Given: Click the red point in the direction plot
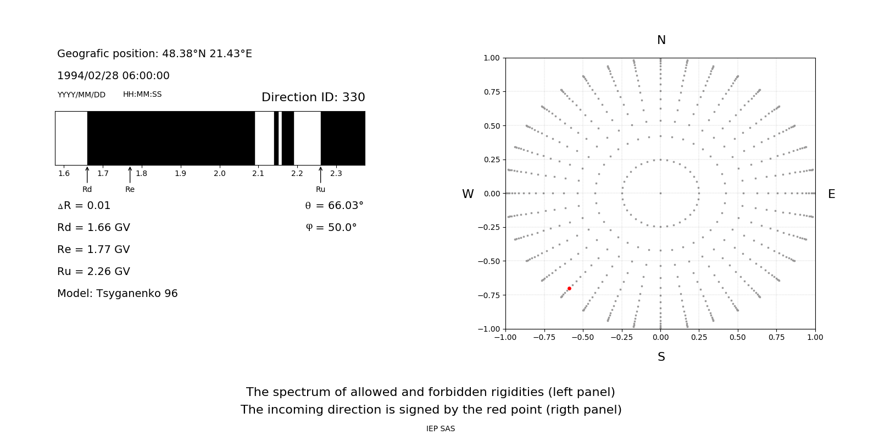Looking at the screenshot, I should click(x=569, y=288).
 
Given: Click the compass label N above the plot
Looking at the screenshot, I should click(x=661, y=40).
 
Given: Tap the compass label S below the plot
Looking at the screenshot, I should click(x=661, y=357).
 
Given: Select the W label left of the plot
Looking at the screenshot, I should click(x=468, y=194).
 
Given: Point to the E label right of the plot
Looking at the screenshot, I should click(x=831, y=194).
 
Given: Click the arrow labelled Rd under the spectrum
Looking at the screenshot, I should click(x=87, y=175).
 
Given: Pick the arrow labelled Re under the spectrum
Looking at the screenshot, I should click(x=130, y=175).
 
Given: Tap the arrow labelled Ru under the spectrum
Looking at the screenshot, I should click(x=320, y=175).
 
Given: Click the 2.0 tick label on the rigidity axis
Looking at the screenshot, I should click(x=219, y=174).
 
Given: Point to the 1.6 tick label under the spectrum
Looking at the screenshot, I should click(x=64, y=174).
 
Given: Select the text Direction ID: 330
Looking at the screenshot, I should click(x=313, y=97).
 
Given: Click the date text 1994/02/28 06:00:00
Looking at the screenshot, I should click(x=113, y=75).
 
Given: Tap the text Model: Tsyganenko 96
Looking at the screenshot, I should click(x=117, y=293).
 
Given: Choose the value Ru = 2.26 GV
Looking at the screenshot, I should click(x=93, y=271).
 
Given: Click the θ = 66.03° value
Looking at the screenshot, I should click(x=334, y=205).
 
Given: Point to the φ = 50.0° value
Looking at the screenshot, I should click(x=331, y=227).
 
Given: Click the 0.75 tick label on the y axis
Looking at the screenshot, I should click(x=492, y=92).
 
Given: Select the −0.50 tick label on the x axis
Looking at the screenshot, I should click(x=583, y=337).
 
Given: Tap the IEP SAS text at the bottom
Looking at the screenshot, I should click(x=440, y=428).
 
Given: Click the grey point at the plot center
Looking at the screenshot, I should click(x=660, y=193).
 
